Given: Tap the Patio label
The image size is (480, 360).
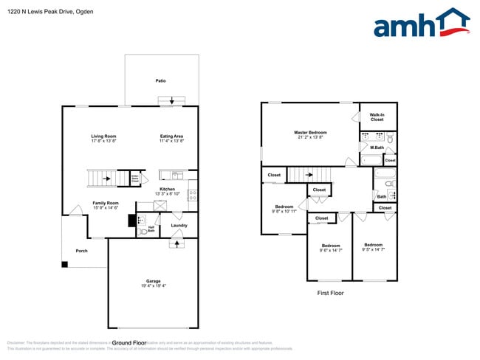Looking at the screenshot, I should click(x=160, y=80).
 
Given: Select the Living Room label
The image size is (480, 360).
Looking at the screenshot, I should click(x=104, y=136).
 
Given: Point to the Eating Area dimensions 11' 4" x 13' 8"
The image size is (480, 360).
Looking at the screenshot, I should click(x=172, y=141).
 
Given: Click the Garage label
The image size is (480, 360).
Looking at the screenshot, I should click(x=153, y=280).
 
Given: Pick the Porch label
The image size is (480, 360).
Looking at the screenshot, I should click(x=81, y=251).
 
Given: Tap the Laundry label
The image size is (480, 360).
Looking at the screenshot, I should click(x=179, y=225).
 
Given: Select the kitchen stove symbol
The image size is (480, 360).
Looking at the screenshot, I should click(x=191, y=195).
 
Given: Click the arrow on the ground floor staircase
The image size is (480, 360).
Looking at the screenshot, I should click(x=105, y=178).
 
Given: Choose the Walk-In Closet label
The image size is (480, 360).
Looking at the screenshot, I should click(x=377, y=117).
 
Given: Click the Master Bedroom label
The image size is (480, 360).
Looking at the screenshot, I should click(x=311, y=132).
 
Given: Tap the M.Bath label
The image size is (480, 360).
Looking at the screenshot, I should click(x=377, y=148).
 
